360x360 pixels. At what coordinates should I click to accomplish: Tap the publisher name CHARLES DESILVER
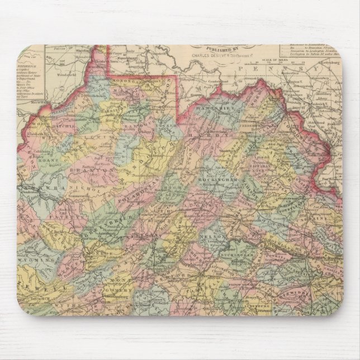(211, 56)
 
